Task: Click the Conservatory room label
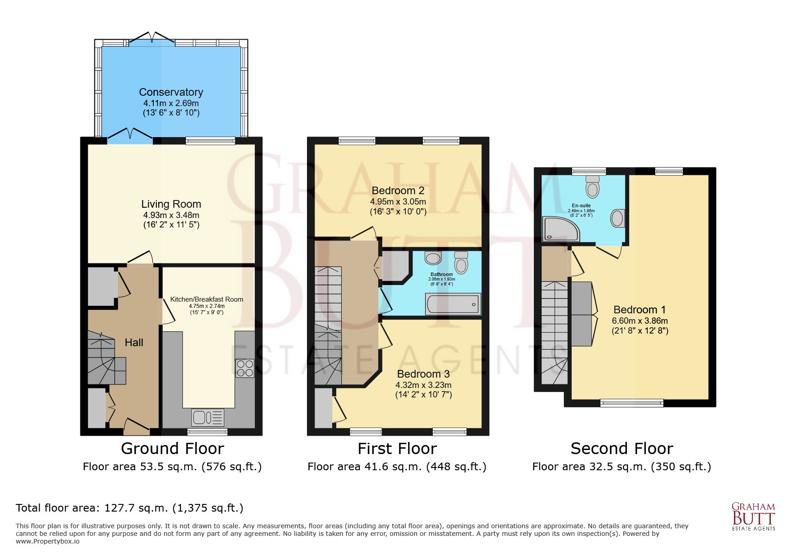pos(171,92)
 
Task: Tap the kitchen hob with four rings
pos(245,368)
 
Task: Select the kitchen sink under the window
pos(207,418)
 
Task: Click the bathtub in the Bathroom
pos(453,304)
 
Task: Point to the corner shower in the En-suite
pos(560,229)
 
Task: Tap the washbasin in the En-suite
pos(617,218)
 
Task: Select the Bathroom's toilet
pos(461,263)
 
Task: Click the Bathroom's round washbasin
pos(433,258)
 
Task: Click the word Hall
pos(134,343)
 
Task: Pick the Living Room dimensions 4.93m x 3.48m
pos(171,215)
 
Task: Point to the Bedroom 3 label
pos(423,374)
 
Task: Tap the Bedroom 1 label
pos(639,310)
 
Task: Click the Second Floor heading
pos(622,449)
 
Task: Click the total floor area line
pos(129,508)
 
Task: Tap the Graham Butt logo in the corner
pos(753,517)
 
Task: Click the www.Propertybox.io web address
pos(48,541)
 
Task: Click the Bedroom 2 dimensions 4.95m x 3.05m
pos(398,202)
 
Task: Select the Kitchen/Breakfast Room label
pos(206,299)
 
